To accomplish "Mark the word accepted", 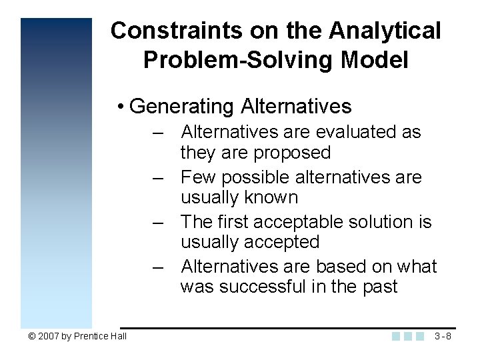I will point(281,242).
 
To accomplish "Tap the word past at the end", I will point(380,287).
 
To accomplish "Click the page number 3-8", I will point(443,336).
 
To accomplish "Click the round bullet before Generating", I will point(119,107).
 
